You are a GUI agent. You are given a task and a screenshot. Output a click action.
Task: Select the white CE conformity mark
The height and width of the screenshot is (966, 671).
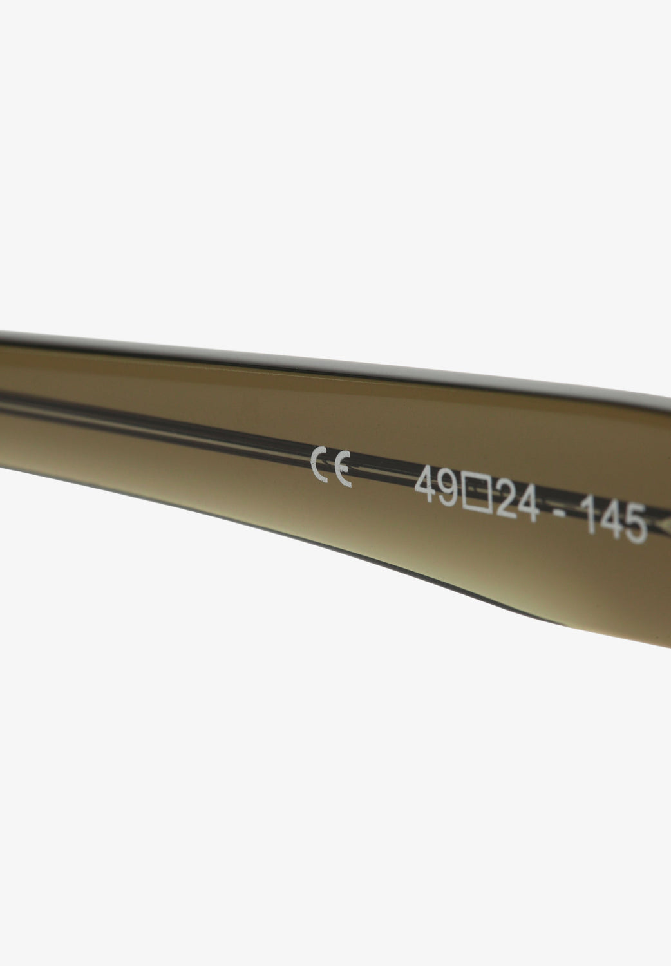331,467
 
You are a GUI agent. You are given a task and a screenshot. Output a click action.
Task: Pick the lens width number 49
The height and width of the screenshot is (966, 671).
436,488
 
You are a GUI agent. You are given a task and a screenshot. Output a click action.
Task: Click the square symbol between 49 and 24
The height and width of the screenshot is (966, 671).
477,495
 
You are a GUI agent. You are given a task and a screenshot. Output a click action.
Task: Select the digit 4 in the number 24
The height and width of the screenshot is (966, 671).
529,505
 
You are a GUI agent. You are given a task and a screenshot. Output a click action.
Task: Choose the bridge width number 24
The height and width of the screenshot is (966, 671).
518,502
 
